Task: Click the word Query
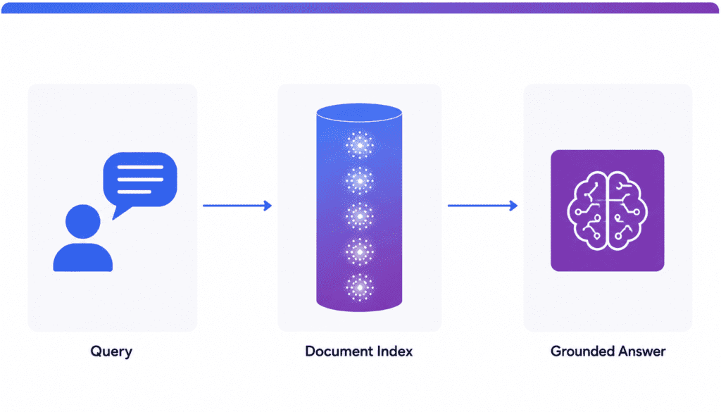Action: tap(111, 351)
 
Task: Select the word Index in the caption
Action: tap(395, 351)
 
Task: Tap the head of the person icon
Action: tap(83, 221)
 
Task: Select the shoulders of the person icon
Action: tap(83, 258)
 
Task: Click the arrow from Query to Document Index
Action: tap(237, 206)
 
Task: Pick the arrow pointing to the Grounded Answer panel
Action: tap(483, 206)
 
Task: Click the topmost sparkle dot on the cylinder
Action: tap(360, 145)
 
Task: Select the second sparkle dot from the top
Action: tap(360, 181)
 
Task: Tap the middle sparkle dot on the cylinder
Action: tap(360, 216)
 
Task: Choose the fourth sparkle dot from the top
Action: tap(360, 251)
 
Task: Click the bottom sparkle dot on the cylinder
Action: tap(360, 287)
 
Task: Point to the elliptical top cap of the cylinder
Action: tap(359, 113)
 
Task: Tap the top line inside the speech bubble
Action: tap(140, 167)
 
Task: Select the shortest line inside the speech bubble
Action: tap(134, 192)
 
